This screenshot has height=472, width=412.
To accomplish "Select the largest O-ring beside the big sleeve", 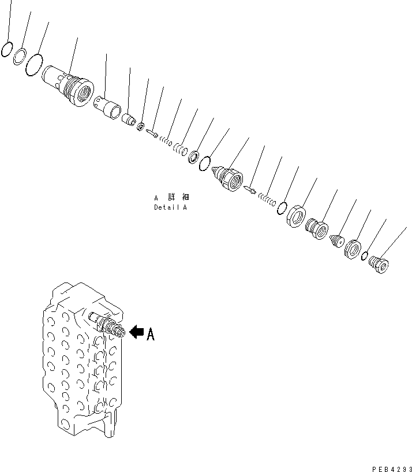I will tap(35, 64).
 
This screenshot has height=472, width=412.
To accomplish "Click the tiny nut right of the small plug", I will tap(141, 126).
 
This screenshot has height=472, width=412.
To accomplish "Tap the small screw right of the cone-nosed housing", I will tap(249, 188).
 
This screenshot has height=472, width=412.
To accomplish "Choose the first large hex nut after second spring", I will tap(295, 217).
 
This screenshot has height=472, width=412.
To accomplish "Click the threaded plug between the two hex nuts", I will tap(316, 228).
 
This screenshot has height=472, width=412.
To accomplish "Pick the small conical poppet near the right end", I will tap(336, 240).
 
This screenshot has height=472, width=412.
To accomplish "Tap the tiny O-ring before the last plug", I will tap(365, 257).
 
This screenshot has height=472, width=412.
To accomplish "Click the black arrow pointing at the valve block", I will tap(136, 332).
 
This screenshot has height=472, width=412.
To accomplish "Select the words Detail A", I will tap(170, 207).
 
